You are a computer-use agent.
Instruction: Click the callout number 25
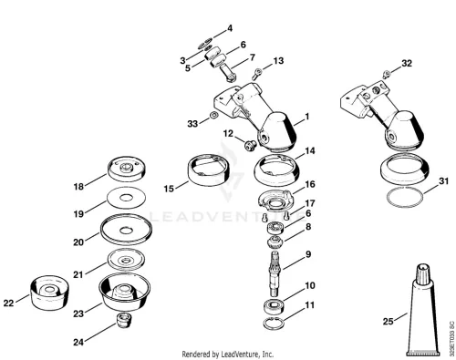388,321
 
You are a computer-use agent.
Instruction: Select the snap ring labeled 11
275,324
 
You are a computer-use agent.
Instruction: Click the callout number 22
8,303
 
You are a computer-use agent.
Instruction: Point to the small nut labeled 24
124,320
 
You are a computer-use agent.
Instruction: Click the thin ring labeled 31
405,198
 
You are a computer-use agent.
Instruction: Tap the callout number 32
407,63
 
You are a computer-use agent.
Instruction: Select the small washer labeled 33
214,116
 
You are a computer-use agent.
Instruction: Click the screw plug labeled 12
251,145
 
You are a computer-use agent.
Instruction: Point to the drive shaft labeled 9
275,274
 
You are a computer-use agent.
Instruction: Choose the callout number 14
309,150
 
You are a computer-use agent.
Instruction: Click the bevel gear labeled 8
275,242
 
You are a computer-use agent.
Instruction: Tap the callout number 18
78,186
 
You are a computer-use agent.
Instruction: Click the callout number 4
230,28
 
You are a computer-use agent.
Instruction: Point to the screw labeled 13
257,74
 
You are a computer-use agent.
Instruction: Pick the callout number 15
169,189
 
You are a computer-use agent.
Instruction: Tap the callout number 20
78,242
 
